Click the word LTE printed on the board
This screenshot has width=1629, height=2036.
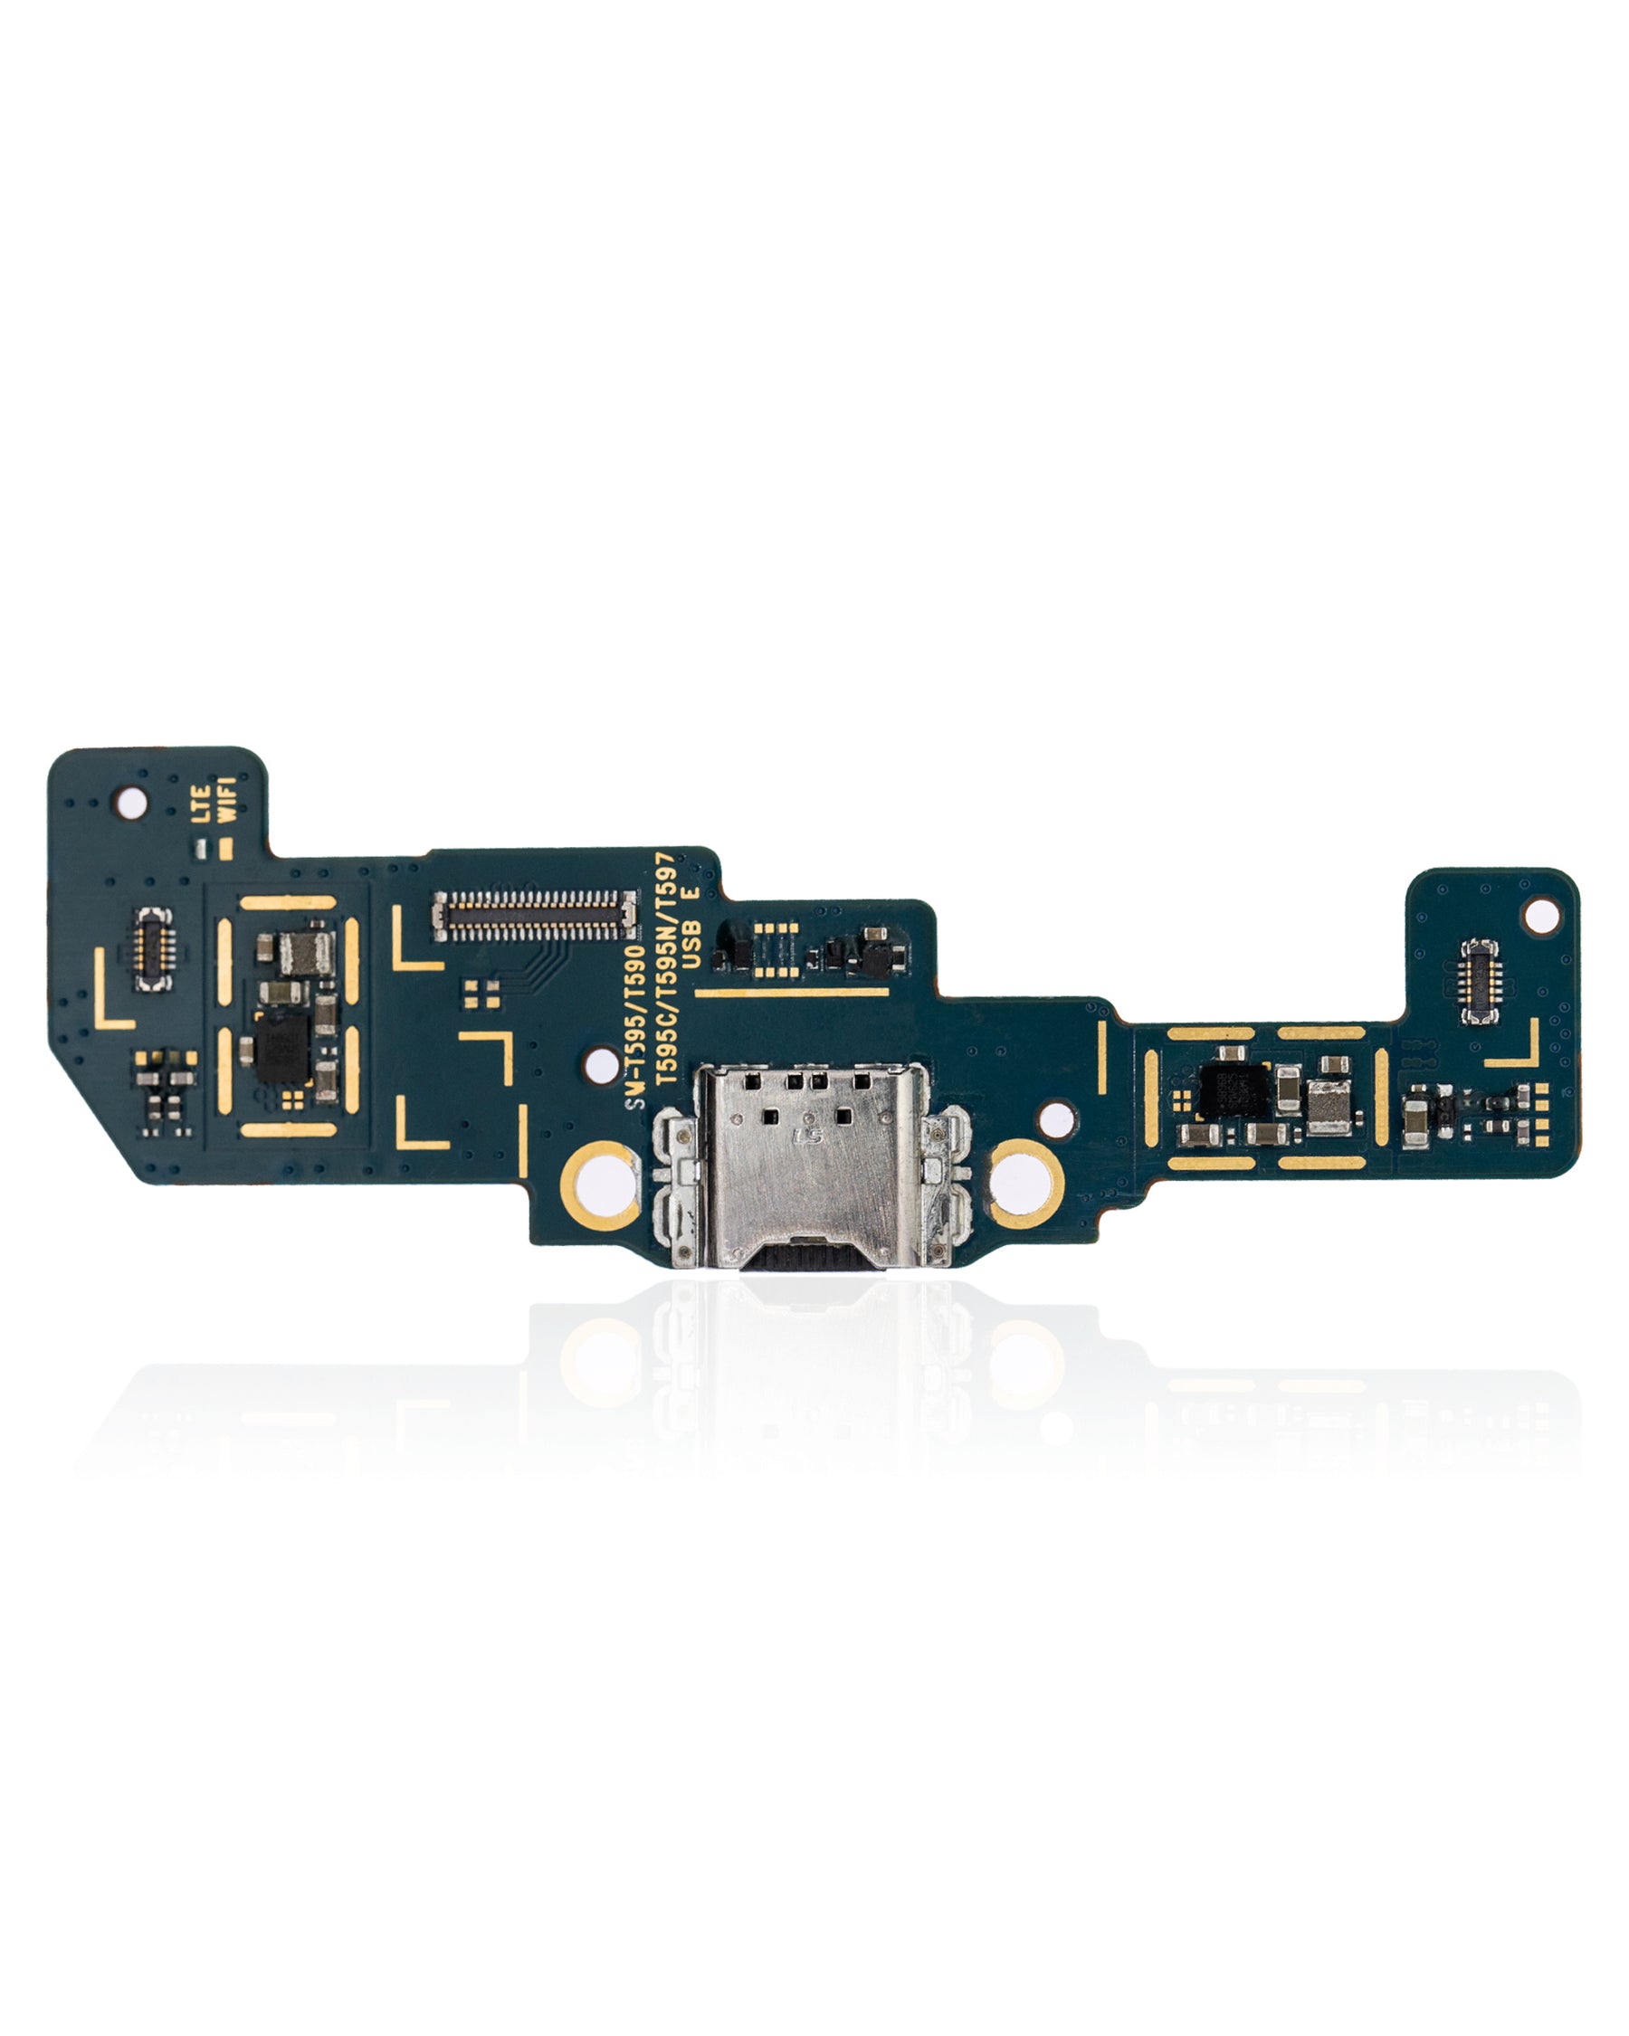tap(200, 804)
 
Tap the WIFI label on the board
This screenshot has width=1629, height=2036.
tap(226, 800)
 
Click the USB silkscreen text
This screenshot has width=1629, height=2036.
tap(691, 946)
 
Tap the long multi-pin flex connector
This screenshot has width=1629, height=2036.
tap(534, 916)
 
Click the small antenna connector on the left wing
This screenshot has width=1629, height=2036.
tap(153, 949)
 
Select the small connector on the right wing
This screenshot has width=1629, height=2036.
tap(1479, 981)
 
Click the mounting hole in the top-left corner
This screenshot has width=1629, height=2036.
tap(130, 804)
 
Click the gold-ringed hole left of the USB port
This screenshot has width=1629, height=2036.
tap(600, 1184)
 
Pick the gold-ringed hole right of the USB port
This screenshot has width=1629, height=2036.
tap(1024, 1184)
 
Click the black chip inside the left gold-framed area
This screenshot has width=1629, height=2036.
tap(282, 1048)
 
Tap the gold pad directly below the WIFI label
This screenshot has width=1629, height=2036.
tap(225, 848)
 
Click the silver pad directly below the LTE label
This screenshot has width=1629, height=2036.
tap(200, 849)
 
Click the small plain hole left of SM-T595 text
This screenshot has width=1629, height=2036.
tap(601, 1066)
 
